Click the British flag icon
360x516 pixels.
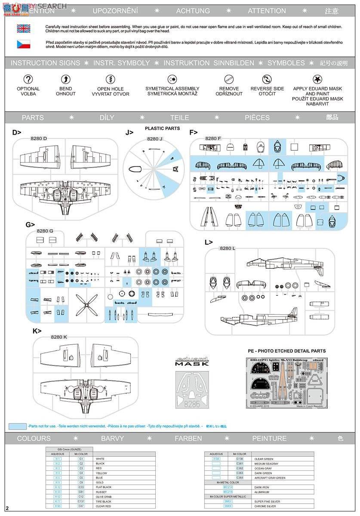(x=23, y=28)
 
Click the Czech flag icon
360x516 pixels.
(x=23, y=44)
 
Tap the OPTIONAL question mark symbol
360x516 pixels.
(x=28, y=79)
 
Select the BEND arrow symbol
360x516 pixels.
(x=65, y=79)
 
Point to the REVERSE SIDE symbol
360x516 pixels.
(x=267, y=79)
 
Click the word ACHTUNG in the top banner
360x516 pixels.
(x=193, y=11)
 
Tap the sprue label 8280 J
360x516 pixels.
(x=155, y=139)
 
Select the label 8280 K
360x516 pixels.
(x=59, y=337)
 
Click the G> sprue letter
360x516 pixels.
(x=30, y=224)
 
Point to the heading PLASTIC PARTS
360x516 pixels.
(x=162, y=128)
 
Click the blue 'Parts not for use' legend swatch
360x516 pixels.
(x=17, y=426)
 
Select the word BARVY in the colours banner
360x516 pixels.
(x=112, y=439)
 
